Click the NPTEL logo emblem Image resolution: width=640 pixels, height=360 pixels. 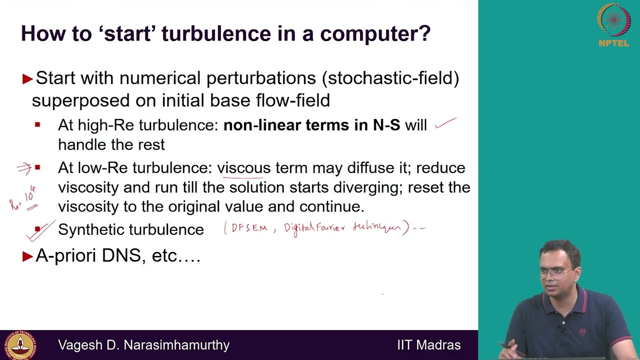pyautogui.click(x=613, y=20)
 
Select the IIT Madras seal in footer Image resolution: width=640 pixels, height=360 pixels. pyautogui.click(x=20, y=345)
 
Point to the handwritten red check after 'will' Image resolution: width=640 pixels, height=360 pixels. pyautogui.click(x=445, y=123)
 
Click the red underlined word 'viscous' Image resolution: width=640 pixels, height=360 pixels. pyautogui.click(x=243, y=168)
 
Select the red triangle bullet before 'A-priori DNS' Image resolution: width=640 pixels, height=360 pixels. pyautogui.click(x=27, y=256)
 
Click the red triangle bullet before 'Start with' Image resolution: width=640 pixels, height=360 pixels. pyautogui.click(x=27, y=78)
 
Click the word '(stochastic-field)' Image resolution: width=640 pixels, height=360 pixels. pyautogui.click(x=390, y=78)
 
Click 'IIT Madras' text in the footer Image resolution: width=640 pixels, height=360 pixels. pyautogui.click(x=428, y=345)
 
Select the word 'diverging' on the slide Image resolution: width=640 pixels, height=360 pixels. pyautogui.click(x=368, y=187)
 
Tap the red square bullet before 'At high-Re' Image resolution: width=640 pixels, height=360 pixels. pyautogui.click(x=37, y=125)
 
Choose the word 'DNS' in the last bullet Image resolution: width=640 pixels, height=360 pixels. pyautogui.click(x=124, y=256)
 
